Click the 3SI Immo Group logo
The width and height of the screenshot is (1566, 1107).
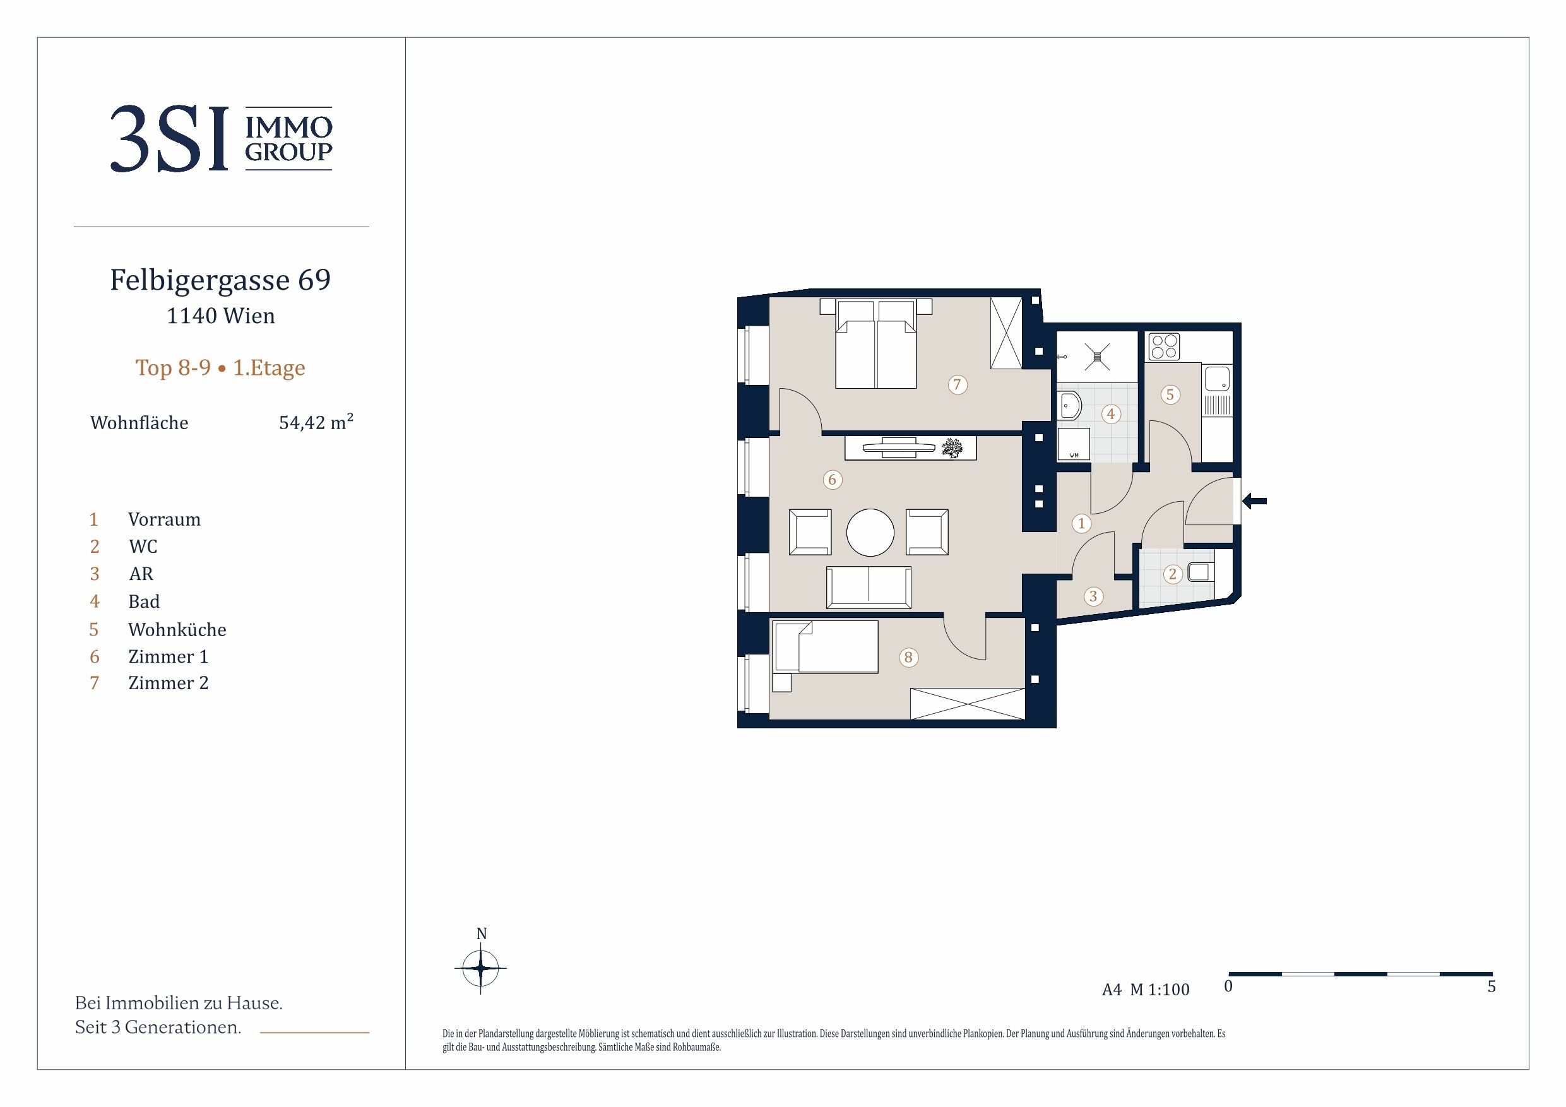tap(221, 138)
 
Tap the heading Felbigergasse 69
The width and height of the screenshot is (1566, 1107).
tap(220, 280)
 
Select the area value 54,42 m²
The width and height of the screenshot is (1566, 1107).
tap(316, 422)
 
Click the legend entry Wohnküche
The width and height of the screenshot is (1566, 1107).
tap(177, 629)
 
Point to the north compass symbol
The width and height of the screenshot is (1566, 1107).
tap(481, 967)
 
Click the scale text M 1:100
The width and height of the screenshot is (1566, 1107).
tap(1160, 989)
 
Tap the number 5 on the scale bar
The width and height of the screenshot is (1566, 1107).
tap(1492, 986)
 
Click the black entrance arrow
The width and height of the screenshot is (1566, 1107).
tap(1254, 501)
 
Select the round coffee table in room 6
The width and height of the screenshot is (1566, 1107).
tap(870, 533)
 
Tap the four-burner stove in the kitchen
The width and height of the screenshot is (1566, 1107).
tap(1165, 346)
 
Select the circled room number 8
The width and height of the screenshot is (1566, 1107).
tap(908, 658)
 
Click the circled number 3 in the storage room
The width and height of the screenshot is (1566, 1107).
tap(1093, 597)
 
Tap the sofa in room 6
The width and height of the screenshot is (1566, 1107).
tap(869, 587)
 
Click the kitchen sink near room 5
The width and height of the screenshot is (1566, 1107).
tap(1217, 379)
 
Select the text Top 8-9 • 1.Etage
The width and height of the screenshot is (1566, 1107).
tap(220, 368)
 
